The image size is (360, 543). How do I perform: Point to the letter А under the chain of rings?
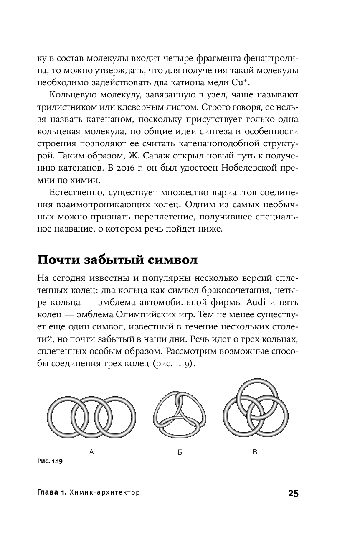[x=92, y=451]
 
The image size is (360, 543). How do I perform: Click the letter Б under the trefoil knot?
[x=180, y=452]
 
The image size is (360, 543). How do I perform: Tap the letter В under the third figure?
[x=255, y=451]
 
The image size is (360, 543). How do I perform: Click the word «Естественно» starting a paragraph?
[x=76, y=193]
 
